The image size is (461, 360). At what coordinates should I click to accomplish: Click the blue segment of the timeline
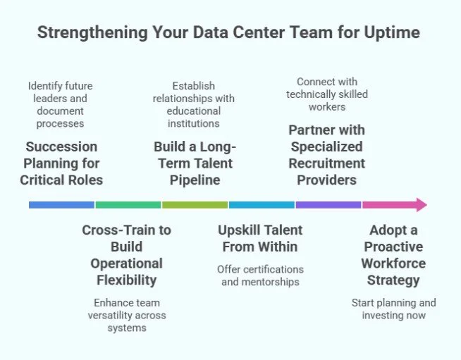61,205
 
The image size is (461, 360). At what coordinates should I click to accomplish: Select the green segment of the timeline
128,205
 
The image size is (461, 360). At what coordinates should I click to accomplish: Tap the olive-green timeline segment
195,205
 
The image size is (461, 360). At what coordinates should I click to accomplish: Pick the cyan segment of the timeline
262,205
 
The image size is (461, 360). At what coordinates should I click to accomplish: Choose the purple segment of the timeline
328,205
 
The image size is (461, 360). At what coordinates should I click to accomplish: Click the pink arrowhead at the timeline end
420,205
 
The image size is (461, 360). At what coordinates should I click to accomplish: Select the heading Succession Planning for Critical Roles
61,163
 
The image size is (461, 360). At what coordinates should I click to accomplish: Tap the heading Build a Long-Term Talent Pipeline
195,163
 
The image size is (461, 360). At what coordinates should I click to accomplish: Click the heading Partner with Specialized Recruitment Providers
326,155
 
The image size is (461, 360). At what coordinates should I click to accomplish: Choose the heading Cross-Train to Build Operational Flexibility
126,255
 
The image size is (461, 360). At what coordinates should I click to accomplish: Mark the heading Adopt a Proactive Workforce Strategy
393,255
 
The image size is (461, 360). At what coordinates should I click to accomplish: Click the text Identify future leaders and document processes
61,105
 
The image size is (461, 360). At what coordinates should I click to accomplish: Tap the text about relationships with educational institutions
195,105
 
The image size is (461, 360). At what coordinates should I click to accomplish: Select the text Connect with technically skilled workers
327,94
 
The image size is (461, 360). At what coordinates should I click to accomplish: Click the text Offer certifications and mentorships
260,275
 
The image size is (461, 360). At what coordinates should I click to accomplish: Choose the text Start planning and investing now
393,309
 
